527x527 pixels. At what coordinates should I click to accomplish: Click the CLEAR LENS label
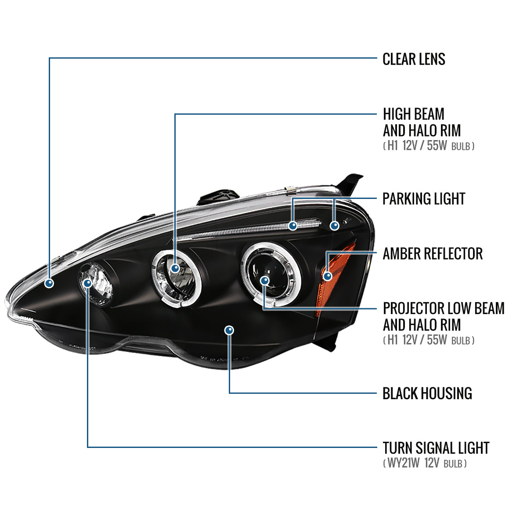tap(414, 59)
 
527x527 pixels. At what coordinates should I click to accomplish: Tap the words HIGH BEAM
tap(413, 114)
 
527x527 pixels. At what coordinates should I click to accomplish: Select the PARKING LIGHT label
tap(423, 199)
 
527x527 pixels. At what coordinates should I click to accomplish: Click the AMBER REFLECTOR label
tap(432, 254)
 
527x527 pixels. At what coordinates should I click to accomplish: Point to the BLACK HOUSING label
tap(427, 393)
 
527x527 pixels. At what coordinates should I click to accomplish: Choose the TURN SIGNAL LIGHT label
tap(436, 448)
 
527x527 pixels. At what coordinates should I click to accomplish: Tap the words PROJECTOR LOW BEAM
tap(444, 308)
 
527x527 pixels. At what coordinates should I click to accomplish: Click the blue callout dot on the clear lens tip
tap(50, 283)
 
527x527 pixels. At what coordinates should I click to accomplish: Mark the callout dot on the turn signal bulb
tap(87, 283)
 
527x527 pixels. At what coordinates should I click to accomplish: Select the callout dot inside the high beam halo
tap(175, 268)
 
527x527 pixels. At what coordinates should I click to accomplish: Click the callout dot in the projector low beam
tap(264, 280)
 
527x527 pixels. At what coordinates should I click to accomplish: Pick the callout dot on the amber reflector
tap(327, 276)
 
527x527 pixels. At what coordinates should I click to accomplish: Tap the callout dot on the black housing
tap(229, 330)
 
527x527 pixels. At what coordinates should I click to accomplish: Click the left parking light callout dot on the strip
tap(293, 226)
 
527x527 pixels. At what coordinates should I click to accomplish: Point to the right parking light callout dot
tap(335, 226)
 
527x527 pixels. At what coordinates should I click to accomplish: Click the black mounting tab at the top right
tap(352, 183)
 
